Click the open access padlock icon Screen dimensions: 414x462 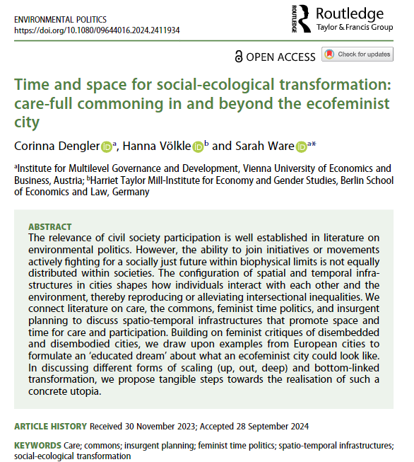pos(240,56)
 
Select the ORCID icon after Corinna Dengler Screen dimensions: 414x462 pos(107,146)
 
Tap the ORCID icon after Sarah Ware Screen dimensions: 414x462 pos(302,146)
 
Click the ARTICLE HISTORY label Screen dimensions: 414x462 pos(50,427)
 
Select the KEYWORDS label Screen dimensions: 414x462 pos(40,446)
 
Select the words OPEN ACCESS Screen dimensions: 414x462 pos(281,56)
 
